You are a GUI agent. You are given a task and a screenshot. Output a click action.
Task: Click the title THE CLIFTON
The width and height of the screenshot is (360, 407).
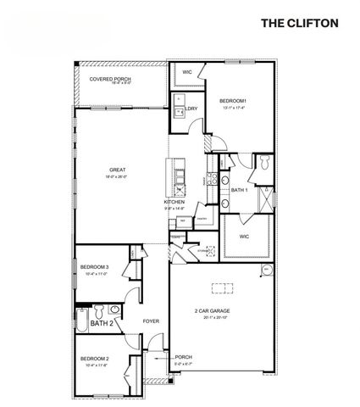[x=298, y=22]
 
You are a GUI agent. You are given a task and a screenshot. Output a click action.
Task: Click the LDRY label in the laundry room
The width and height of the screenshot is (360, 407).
[x=192, y=109]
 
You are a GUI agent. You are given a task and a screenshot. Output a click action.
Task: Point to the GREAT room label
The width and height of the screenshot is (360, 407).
[x=117, y=170]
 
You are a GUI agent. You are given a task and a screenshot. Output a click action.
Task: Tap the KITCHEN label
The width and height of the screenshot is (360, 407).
[x=174, y=203]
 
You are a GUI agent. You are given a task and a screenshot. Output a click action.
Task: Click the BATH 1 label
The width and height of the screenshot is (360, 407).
[x=239, y=191]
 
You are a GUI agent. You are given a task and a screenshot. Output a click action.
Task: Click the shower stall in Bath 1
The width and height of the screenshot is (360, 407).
[x=266, y=198]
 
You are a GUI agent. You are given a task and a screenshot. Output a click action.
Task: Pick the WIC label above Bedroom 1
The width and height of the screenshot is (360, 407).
[x=187, y=73]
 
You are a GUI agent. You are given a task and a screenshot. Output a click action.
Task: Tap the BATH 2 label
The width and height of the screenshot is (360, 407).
[x=102, y=323]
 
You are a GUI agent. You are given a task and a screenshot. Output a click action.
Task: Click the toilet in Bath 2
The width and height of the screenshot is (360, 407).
[x=100, y=309]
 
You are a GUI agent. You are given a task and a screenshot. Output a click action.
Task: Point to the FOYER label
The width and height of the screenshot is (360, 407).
[x=151, y=321]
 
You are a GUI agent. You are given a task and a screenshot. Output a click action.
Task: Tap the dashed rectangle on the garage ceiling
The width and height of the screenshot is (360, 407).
[x=223, y=285]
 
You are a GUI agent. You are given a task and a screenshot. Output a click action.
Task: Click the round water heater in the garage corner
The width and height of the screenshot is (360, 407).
[x=266, y=270]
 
